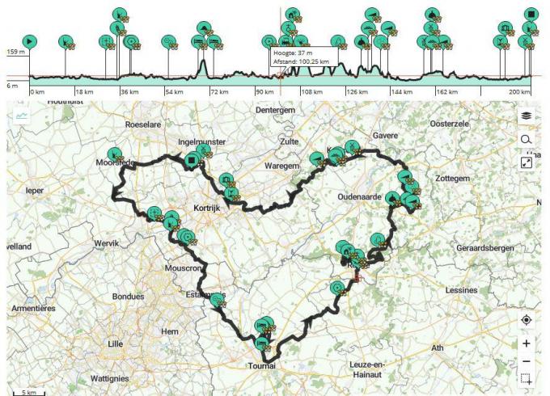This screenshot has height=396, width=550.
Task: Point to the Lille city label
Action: pos(116,343)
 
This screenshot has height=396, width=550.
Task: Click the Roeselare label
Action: pos(144,124)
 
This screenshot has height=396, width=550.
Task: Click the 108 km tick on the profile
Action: pos(312,92)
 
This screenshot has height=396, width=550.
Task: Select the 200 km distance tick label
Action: pos(519,92)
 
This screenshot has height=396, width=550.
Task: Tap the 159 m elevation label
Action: pos(16,53)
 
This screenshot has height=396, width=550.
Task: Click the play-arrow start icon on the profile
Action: pos(29,40)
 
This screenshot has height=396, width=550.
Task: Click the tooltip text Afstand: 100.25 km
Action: pos(302,61)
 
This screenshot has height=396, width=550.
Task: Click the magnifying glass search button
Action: pos(527,140)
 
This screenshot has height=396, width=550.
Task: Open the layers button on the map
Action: pos(527,116)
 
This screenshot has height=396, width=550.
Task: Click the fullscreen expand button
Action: pos(527,163)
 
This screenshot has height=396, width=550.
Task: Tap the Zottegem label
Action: pos(453,177)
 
